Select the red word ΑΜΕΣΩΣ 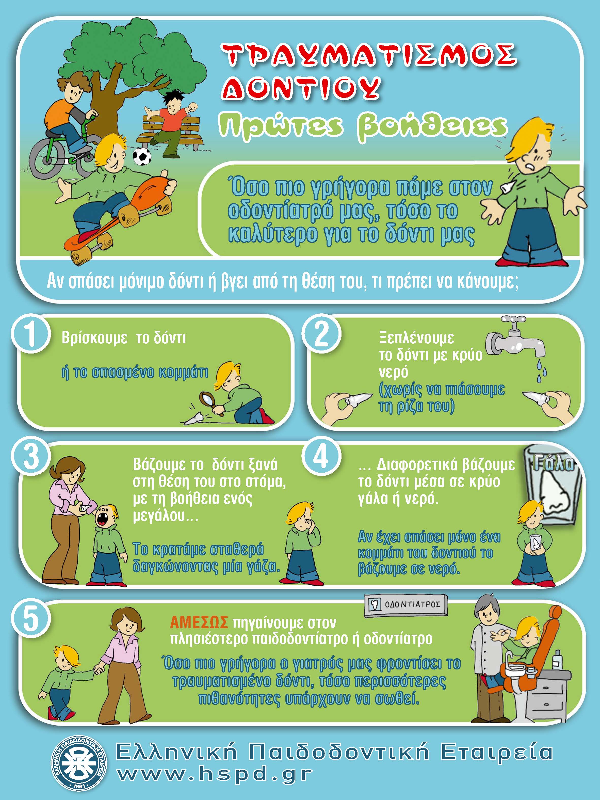199,623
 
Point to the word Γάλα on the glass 554,464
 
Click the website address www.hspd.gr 215,773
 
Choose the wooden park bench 169,132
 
